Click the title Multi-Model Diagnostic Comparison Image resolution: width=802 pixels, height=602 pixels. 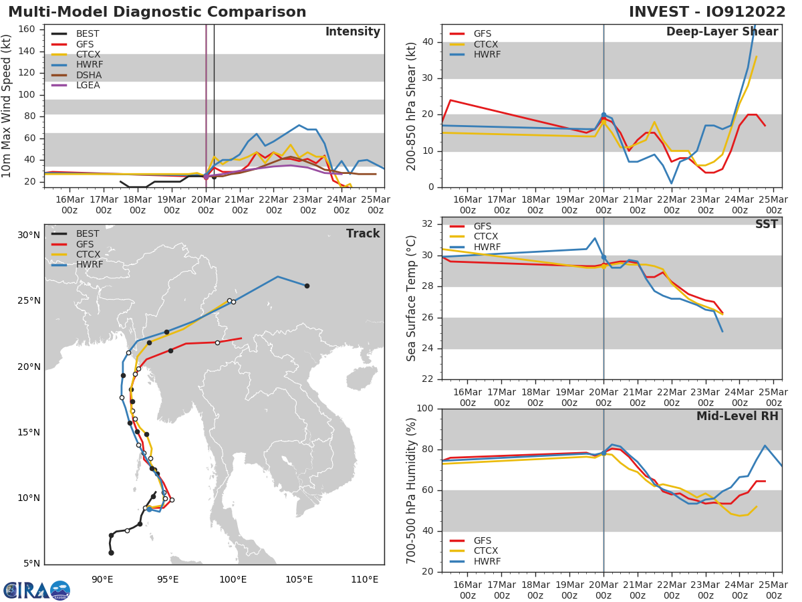tap(157, 12)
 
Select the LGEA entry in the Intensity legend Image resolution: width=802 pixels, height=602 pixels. tap(88, 85)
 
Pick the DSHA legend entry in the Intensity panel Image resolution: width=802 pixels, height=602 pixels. tap(89, 75)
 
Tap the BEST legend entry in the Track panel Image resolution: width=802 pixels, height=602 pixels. tap(88, 233)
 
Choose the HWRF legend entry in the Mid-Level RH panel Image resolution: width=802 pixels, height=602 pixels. tap(487, 561)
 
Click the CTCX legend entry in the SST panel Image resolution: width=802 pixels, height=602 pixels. tap(486, 236)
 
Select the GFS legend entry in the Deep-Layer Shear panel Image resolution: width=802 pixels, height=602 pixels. tap(483, 33)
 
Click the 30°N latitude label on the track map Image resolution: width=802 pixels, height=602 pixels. tap(29, 235)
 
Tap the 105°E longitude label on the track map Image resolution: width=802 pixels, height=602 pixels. tap(299, 579)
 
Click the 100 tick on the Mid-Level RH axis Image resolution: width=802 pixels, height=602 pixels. tap(425, 409)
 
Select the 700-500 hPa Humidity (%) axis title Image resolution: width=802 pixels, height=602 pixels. tap(412, 490)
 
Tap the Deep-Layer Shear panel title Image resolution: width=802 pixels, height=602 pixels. tap(722, 32)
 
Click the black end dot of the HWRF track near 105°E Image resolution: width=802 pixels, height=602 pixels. tap(307, 286)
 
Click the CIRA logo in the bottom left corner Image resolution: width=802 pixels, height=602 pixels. tap(37, 590)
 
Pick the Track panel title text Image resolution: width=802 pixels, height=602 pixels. tap(362, 233)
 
